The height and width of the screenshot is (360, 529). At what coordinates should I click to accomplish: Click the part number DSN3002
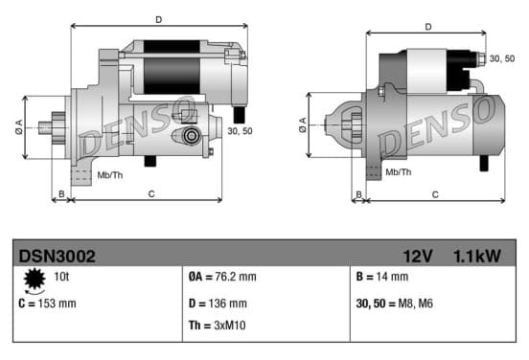click(x=57, y=257)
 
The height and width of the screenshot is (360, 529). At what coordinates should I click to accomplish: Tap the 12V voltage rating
click(x=418, y=257)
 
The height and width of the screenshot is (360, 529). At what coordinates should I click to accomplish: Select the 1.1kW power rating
click(x=477, y=257)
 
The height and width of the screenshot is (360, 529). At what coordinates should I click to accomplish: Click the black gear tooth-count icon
click(x=34, y=280)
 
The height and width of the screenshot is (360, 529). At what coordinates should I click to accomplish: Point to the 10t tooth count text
click(x=61, y=277)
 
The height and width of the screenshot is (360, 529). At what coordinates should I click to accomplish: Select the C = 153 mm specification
click(x=48, y=304)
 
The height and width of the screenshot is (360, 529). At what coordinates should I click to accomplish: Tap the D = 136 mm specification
click(x=218, y=304)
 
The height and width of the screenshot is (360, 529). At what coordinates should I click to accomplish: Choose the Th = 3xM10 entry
click(x=217, y=326)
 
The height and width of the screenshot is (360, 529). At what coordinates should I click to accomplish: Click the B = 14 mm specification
click(x=382, y=277)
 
